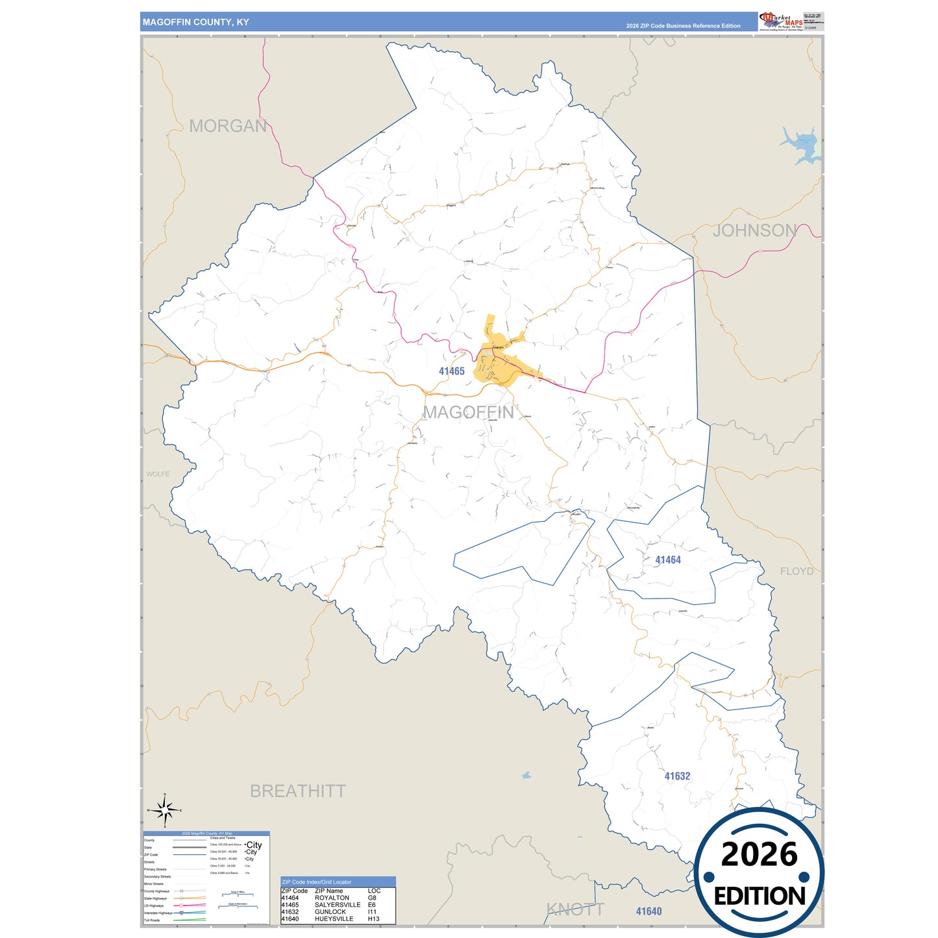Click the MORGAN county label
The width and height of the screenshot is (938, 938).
(x=228, y=126)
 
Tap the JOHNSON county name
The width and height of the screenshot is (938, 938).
(x=754, y=230)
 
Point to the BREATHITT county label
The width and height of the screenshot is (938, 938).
(x=298, y=791)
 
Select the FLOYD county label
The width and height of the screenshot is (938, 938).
(x=796, y=571)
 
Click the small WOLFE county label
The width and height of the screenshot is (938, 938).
(x=158, y=474)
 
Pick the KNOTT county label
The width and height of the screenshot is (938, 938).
(x=575, y=909)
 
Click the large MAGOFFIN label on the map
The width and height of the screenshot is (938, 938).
(x=469, y=412)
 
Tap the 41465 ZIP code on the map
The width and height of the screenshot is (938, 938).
(x=452, y=371)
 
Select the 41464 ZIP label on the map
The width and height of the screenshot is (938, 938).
(x=668, y=560)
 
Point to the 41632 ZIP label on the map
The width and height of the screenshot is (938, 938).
(x=677, y=776)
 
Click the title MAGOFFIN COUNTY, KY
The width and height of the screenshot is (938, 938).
(x=196, y=22)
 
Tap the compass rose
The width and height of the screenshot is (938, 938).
(x=165, y=810)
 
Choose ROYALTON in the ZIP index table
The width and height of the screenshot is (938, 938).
(x=332, y=898)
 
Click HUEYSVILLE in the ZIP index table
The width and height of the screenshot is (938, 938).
(x=334, y=919)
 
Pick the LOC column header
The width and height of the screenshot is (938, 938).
(x=374, y=891)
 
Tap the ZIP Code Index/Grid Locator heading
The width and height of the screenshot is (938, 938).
(x=316, y=882)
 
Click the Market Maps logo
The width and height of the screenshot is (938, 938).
(x=781, y=21)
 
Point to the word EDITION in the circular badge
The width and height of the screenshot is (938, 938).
(x=759, y=896)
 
